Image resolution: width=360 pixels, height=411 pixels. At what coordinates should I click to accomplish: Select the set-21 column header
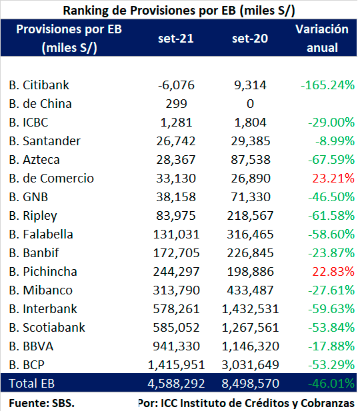pyautogui.click(x=176, y=39)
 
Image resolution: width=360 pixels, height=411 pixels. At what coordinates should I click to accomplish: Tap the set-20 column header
pyautogui.click(x=250, y=39)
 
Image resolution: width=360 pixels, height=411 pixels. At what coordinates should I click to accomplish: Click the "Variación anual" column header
pyautogui.click(x=322, y=38)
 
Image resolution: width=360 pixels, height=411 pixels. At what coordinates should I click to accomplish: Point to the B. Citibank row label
pyautogui.click(x=39, y=85)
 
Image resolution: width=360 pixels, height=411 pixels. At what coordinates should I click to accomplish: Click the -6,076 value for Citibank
pyautogui.click(x=176, y=85)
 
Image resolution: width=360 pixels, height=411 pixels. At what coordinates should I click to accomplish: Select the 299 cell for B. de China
pyautogui.click(x=176, y=104)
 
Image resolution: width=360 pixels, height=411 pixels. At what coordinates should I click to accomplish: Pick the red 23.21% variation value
pyautogui.click(x=333, y=179)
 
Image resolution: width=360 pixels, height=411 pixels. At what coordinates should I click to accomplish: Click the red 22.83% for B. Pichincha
pyautogui.click(x=333, y=272)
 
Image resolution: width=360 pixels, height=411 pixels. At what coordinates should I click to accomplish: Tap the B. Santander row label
pyautogui.click(x=45, y=141)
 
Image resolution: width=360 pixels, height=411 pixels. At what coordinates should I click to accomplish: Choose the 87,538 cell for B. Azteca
pyautogui.click(x=251, y=160)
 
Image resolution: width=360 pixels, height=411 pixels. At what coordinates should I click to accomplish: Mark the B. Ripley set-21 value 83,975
pyautogui.click(x=176, y=216)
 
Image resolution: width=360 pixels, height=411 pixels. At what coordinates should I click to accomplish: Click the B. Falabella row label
pyautogui.click(x=41, y=234)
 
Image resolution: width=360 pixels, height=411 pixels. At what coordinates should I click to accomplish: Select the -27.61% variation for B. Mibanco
pyautogui.click(x=331, y=290)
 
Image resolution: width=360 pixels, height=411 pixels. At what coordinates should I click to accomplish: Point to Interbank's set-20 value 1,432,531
pyautogui.click(x=250, y=309)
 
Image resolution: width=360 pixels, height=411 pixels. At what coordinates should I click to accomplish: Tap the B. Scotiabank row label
pyautogui.click(x=47, y=328)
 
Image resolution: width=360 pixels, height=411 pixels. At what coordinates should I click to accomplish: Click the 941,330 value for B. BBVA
pyautogui.click(x=176, y=346)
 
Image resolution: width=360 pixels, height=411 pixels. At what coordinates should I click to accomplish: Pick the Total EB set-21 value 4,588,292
pyautogui.click(x=176, y=384)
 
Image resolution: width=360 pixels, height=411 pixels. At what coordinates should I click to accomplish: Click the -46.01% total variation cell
pyautogui.click(x=331, y=384)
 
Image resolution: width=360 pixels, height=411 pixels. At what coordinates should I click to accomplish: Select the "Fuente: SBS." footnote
pyautogui.click(x=42, y=403)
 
